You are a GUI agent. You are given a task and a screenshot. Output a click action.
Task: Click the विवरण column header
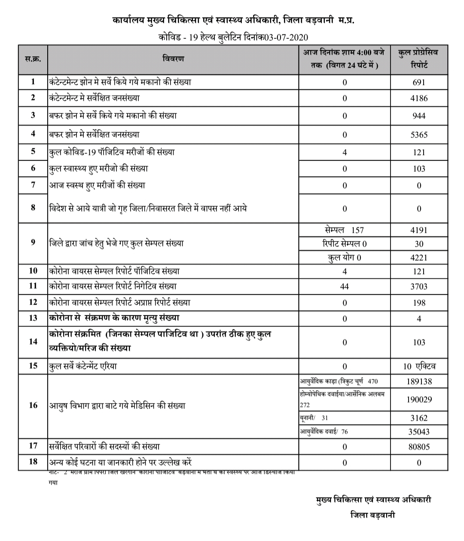click(173, 59)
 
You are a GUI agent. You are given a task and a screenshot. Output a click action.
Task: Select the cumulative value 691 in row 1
click(419, 82)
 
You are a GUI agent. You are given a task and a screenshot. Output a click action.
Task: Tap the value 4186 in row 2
click(419, 98)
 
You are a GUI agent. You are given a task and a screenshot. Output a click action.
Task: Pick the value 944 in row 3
click(419, 116)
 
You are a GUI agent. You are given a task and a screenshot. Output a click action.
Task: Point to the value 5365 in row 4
click(419, 134)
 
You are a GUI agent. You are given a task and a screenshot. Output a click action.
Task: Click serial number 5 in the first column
click(33, 152)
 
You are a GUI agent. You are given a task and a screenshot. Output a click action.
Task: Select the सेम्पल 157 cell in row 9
click(345, 230)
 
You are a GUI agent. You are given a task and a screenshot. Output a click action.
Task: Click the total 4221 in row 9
click(419, 257)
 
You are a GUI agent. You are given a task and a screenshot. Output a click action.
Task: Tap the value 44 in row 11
click(345, 286)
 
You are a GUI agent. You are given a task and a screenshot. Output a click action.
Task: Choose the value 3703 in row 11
click(419, 286)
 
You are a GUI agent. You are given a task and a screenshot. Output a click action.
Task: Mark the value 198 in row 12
click(419, 303)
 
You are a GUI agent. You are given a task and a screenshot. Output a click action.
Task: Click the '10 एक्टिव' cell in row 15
click(419, 366)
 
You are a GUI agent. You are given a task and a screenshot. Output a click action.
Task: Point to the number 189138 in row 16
click(419, 381)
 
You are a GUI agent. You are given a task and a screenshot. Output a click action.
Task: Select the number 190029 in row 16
click(419, 399)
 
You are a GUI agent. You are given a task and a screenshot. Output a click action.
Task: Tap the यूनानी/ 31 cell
click(314, 418)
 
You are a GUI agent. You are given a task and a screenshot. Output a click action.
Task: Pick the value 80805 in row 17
click(419, 446)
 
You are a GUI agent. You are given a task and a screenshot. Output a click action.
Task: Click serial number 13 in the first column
click(33, 318)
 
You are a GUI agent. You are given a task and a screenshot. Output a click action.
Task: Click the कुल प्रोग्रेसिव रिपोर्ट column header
click(419, 59)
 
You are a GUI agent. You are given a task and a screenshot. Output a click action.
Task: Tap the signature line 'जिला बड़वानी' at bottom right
click(372, 515)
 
